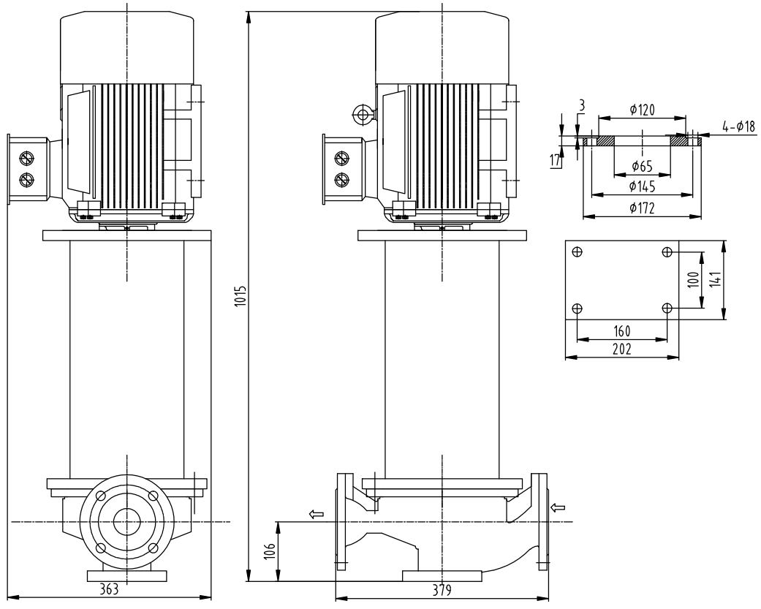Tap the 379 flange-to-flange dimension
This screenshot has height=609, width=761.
(441, 591)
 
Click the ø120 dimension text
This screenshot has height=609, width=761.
(642, 110)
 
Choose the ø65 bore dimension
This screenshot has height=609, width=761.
(642, 167)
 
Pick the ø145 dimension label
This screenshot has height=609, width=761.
(642, 186)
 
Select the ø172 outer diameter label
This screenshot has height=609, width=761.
(642, 208)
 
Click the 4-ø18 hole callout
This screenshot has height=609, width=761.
(738, 127)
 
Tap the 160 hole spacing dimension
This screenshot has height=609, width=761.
(621, 330)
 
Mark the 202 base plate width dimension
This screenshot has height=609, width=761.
(621, 349)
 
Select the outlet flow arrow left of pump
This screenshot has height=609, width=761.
(317, 515)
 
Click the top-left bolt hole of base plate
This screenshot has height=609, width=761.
(578, 252)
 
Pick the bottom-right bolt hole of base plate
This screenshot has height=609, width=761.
(667, 308)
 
